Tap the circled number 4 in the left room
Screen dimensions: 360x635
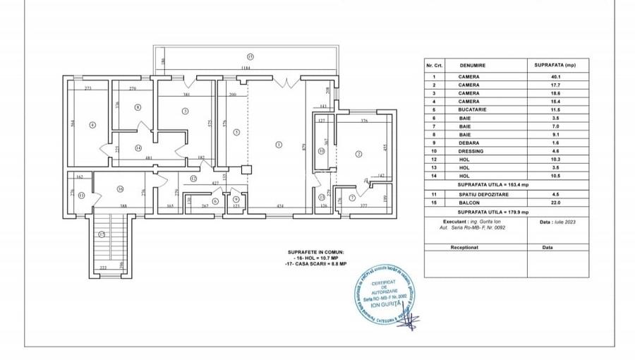point(92,126)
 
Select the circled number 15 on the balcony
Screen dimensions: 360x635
point(250,56)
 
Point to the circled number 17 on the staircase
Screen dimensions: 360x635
point(102,234)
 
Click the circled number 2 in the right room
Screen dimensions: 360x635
point(358,154)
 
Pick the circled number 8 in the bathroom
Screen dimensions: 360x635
point(138,107)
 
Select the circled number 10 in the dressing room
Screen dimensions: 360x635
point(321,150)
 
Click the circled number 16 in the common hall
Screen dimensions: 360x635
point(121,188)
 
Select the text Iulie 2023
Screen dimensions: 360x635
point(557,221)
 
